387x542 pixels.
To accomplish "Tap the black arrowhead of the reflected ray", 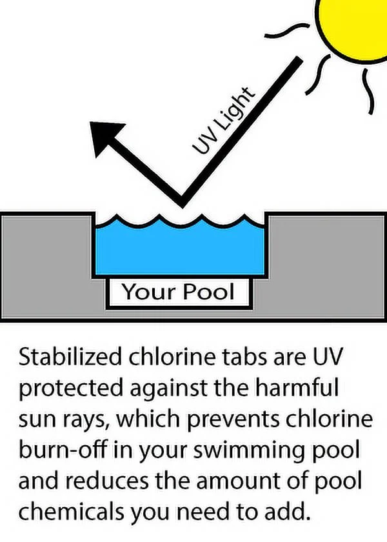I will pos(106,137).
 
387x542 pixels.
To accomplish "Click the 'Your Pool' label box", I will pos(178,292).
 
